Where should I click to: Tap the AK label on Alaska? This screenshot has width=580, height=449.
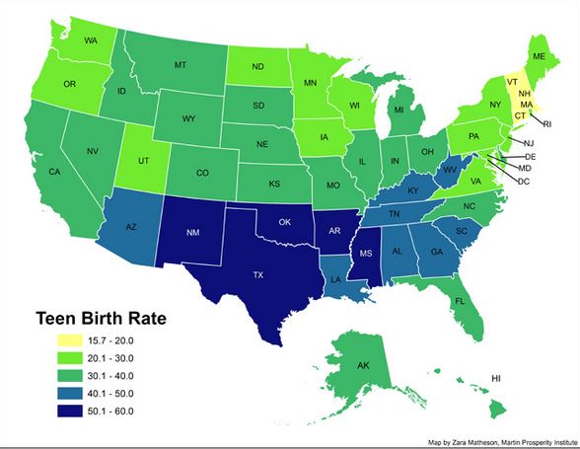[362, 366]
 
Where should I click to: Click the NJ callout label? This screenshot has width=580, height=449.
[515, 143]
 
